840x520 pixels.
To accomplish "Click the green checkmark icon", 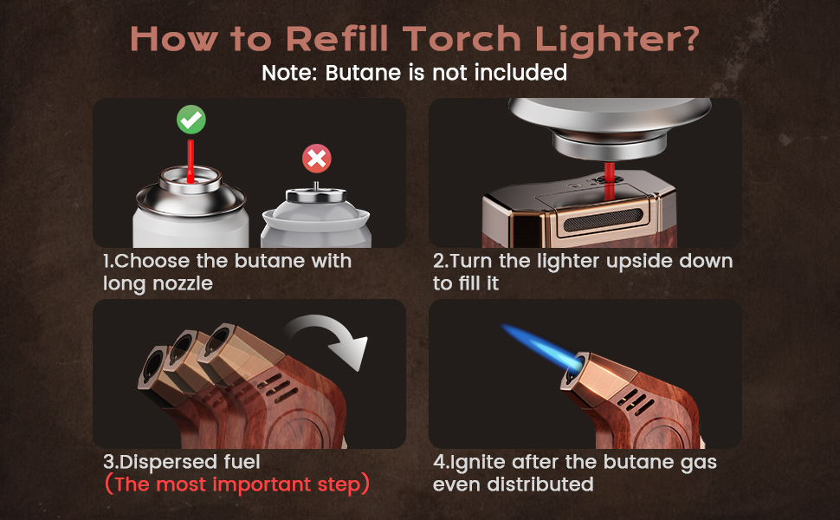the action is coord(191,119).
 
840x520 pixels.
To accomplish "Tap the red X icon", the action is coord(317,158).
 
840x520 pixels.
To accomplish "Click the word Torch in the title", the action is coord(462,39).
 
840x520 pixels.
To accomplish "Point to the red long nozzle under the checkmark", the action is coord(191,161).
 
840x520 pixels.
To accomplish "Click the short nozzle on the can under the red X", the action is coord(315,186).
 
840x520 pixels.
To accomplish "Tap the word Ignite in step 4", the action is coord(477,462).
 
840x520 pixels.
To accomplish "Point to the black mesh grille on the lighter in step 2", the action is coord(604,220).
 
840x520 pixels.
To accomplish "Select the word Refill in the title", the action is coord(338,39).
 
